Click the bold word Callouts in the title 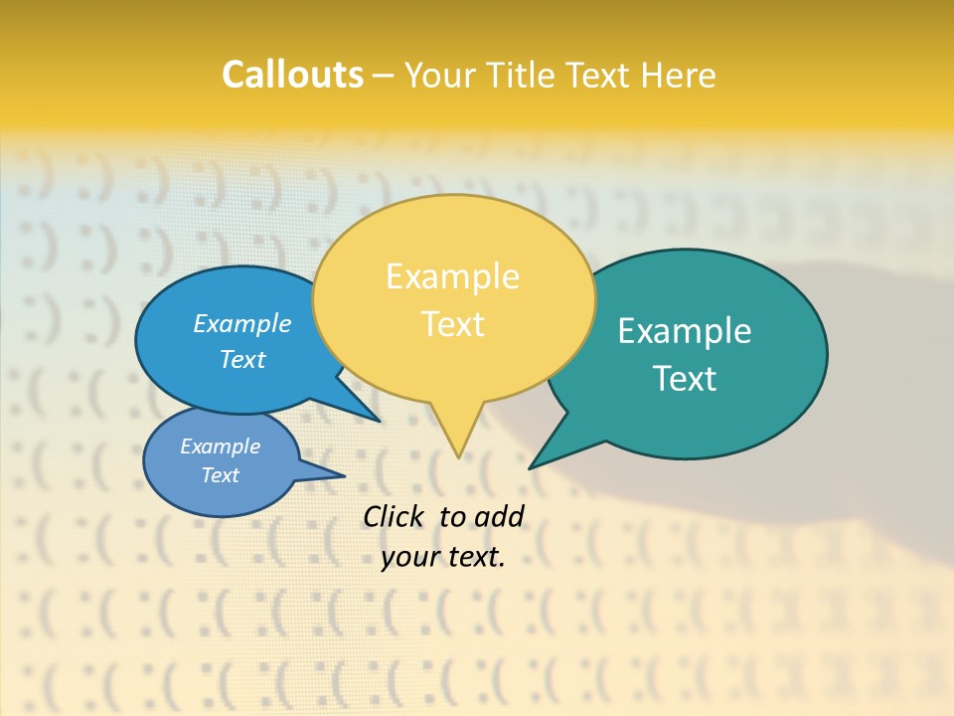292,75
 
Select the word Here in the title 679,76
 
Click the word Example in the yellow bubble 452,276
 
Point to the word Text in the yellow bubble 452,324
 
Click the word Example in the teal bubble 685,331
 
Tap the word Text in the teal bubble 685,379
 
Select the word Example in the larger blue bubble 242,324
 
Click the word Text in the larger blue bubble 242,359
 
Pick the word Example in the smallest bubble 220,447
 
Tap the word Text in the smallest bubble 220,475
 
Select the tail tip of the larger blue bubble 378,420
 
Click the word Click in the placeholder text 395,516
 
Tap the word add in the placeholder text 499,516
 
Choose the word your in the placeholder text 408,557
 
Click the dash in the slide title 384,76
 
